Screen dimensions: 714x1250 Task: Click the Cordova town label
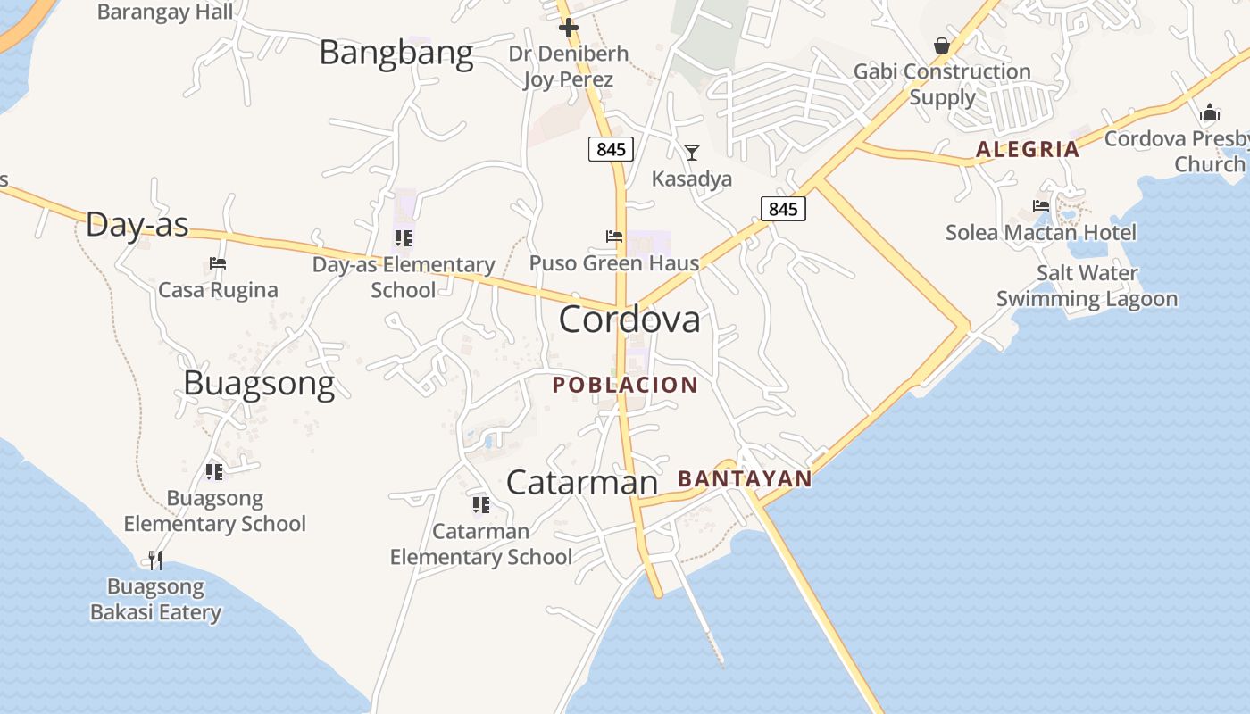point(629,320)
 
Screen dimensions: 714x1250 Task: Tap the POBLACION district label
point(625,385)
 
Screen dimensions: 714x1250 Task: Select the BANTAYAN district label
point(745,479)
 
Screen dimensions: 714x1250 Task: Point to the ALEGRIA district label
point(1028,149)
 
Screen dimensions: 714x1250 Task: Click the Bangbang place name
point(396,53)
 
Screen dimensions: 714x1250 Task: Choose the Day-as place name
point(137,225)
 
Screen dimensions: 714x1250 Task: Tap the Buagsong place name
point(259,383)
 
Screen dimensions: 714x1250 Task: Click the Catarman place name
point(581,483)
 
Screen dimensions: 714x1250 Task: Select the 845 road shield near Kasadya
point(783,209)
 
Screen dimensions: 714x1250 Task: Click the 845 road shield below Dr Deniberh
point(611,149)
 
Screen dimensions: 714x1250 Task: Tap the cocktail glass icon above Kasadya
point(691,153)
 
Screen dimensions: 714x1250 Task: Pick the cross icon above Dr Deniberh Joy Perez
point(569,28)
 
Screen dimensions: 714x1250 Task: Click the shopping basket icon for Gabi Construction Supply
point(942,46)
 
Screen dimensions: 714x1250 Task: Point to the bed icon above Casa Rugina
point(218,263)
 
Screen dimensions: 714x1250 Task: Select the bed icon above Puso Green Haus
point(614,237)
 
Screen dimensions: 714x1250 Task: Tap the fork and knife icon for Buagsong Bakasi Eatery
point(155,560)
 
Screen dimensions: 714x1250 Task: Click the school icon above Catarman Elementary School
point(481,505)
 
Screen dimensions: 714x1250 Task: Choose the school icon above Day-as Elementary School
point(404,238)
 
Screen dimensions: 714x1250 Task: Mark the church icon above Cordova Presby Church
point(1210,112)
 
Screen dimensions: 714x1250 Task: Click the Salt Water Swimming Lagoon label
point(1087,286)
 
